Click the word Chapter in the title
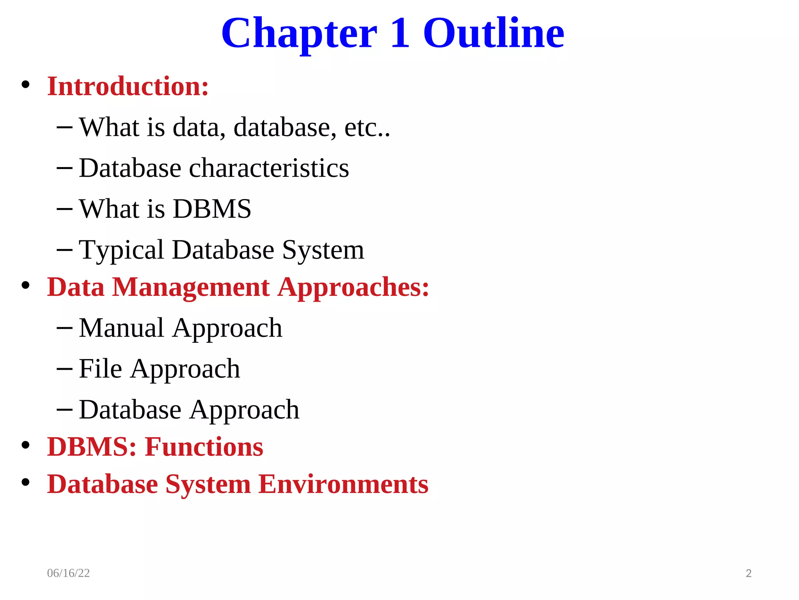pyautogui.click(x=299, y=34)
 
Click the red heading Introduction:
pyautogui.click(x=128, y=86)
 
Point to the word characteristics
pyautogui.click(x=269, y=168)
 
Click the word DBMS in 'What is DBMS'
pyautogui.click(x=212, y=209)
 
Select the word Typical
pyautogui.click(x=121, y=250)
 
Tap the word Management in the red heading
pyautogui.click(x=191, y=287)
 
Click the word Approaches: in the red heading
pyautogui.click(x=353, y=288)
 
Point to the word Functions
pyautogui.click(x=204, y=447)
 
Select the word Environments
pyautogui.click(x=343, y=484)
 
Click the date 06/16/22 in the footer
pyautogui.click(x=68, y=573)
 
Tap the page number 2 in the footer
pyautogui.click(x=748, y=573)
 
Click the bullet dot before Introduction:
pyautogui.click(x=26, y=85)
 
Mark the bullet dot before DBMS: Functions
pyautogui.click(x=26, y=445)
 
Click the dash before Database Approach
pyautogui.click(x=64, y=409)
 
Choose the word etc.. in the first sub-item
pyautogui.click(x=367, y=128)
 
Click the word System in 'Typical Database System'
pyautogui.click(x=323, y=250)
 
